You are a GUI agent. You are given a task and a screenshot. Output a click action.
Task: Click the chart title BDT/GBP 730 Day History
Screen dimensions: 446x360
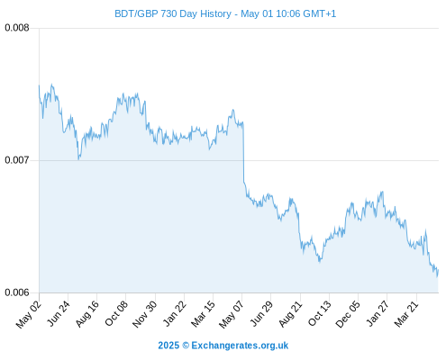(173, 13)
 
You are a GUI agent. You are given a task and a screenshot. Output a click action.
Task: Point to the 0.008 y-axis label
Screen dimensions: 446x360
(17, 28)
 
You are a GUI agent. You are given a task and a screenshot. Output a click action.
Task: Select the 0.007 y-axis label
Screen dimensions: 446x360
(17, 160)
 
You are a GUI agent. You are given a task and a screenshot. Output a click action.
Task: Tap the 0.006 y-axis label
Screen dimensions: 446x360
(17, 292)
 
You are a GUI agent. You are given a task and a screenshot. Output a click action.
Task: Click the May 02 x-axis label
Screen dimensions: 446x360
(29, 314)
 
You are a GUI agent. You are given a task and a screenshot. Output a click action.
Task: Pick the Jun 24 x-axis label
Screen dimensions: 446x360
(59, 313)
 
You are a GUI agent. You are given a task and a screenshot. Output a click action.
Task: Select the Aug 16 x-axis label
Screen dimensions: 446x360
(87, 314)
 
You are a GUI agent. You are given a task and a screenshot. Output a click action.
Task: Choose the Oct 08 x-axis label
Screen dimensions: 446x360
(116, 313)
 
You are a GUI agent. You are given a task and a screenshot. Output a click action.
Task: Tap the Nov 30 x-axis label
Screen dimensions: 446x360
(145, 314)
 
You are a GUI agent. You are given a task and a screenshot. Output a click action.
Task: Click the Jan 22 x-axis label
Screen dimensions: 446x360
(175, 313)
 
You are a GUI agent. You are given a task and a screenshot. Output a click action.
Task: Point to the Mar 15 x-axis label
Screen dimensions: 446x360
(204, 314)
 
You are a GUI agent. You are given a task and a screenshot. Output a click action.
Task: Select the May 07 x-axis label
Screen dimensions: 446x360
(232, 314)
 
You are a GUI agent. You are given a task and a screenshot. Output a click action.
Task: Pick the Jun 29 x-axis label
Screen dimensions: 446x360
(261, 313)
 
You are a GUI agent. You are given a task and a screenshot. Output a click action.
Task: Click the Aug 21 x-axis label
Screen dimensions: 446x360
(290, 314)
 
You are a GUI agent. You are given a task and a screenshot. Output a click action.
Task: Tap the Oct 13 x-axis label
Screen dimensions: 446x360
(320, 313)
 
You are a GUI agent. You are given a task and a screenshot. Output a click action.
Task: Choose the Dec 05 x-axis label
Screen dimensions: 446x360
(348, 314)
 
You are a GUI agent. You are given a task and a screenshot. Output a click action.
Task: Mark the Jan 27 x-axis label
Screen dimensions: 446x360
(378, 313)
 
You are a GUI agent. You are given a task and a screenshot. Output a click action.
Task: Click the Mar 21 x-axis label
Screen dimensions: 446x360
(406, 314)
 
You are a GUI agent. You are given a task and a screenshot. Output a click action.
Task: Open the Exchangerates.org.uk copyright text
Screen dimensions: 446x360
(223, 346)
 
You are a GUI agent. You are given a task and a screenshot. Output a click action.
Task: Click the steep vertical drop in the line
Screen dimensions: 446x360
(243, 152)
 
